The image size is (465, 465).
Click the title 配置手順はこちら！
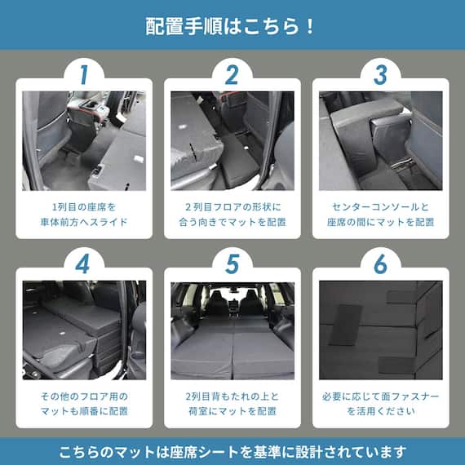pyautogui.click(x=232, y=25)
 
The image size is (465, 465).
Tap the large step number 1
pyautogui.click(x=84, y=74)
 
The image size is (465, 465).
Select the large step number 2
pyautogui.click(x=232, y=74)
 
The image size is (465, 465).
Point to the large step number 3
pyautogui.click(x=380, y=74)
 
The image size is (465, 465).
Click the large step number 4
pyautogui.click(x=84, y=264)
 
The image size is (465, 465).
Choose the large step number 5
pyautogui.click(x=232, y=264)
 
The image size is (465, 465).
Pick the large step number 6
pyautogui.click(x=380, y=264)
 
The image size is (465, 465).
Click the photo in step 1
pyautogui.click(x=84, y=140)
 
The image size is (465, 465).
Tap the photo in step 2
pyautogui.click(x=232, y=140)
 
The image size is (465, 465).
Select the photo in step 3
pyautogui.click(x=380, y=140)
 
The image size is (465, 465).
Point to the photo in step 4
pyautogui.click(x=84, y=330)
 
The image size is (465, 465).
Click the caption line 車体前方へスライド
pyautogui.click(x=84, y=222)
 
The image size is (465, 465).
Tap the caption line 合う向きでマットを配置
pyautogui.click(x=232, y=222)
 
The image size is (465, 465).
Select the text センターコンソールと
pyautogui.click(x=380, y=206)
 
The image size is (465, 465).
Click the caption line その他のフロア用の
pyautogui.click(x=84, y=396)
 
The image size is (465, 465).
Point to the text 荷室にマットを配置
pyautogui.click(x=232, y=411)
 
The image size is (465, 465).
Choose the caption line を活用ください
pyautogui.click(x=380, y=411)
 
